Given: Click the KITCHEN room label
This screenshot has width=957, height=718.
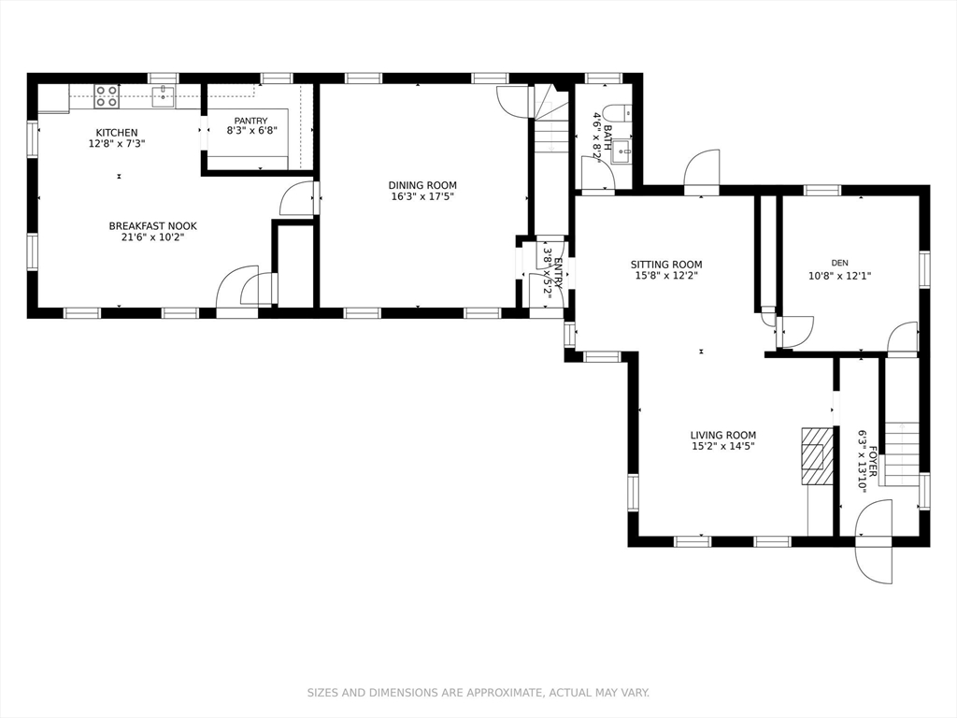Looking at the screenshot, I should pyautogui.click(x=117, y=133).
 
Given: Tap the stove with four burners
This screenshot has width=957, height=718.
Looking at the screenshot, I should pyautogui.click(x=107, y=96).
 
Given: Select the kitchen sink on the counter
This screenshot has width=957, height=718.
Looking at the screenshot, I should pyautogui.click(x=164, y=94).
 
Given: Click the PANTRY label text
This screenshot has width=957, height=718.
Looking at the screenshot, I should pyautogui.click(x=250, y=121).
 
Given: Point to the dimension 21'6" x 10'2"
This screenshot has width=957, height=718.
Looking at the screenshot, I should pyautogui.click(x=153, y=237).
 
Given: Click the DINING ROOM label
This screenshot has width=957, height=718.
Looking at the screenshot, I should pyautogui.click(x=422, y=185).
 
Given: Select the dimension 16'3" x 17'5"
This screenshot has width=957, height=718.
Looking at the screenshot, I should pyautogui.click(x=422, y=196).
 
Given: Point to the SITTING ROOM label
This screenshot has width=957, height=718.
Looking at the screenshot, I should pyautogui.click(x=665, y=265).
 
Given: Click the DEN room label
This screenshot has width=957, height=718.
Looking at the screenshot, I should pyautogui.click(x=839, y=264).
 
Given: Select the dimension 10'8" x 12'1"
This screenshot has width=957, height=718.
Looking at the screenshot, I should pyautogui.click(x=839, y=276).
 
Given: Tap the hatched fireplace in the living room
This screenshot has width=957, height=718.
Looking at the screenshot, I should pyautogui.click(x=816, y=456).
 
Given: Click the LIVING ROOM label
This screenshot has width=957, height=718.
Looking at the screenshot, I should pyautogui.click(x=722, y=435).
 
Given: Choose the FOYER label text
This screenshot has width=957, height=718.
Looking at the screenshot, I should pyautogui.click(x=872, y=461).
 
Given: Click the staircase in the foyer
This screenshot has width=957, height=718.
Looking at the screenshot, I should pyautogui.click(x=901, y=452).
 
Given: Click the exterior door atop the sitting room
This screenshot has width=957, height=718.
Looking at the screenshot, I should pyautogui.click(x=701, y=171).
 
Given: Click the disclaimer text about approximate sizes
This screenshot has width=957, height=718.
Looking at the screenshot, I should pyautogui.click(x=478, y=693).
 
